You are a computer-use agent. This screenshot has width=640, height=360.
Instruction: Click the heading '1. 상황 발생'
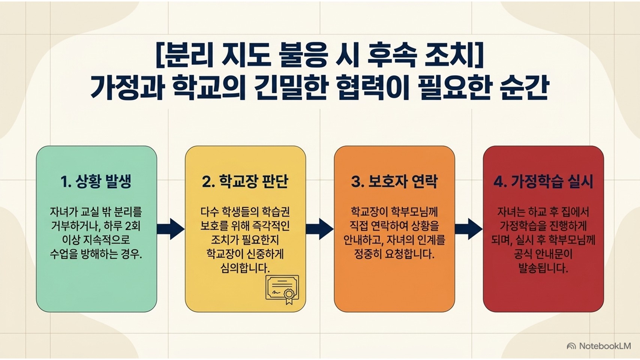coord(96,181)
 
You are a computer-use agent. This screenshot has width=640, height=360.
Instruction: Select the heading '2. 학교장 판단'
coord(245,181)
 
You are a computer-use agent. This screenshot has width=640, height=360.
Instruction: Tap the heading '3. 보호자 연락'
coord(394,181)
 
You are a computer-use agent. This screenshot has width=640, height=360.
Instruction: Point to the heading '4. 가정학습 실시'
coord(543,181)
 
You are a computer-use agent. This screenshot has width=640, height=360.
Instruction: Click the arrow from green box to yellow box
coord(171,229)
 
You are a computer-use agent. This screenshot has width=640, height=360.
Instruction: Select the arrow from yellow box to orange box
coord(320,229)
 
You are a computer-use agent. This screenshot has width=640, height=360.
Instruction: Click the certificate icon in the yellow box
coord(282,289)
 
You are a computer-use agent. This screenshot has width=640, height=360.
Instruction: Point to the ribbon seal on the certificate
coord(289,297)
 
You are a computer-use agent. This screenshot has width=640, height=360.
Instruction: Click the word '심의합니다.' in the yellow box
coord(245,268)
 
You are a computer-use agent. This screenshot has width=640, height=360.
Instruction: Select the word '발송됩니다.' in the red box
coord(543,268)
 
